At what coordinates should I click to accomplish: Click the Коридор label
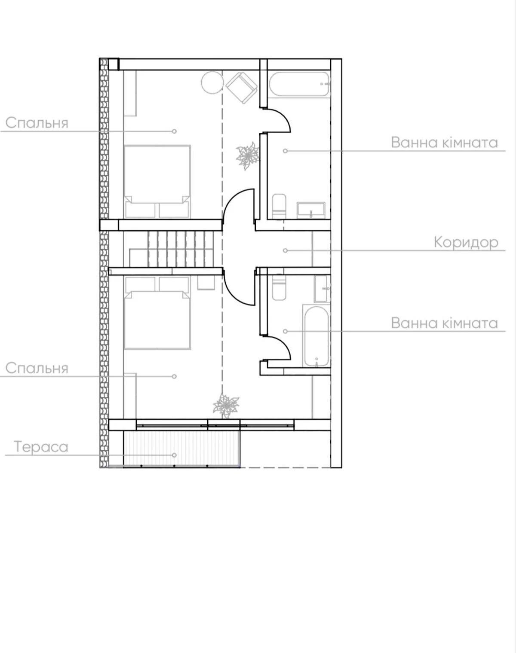click(x=466, y=242)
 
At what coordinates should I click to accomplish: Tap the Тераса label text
click(x=41, y=447)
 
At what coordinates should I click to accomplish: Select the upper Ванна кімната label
click(x=444, y=143)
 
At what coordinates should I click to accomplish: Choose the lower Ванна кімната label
click(x=444, y=323)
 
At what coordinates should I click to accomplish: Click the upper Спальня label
click(x=37, y=123)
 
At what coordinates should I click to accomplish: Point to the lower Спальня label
click(x=37, y=368)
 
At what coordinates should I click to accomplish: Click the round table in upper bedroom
click(x=212, y=82)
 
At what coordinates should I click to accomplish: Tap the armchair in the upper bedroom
click(x=243, y=88)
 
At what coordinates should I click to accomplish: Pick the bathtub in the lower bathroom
click(x=316, y=336)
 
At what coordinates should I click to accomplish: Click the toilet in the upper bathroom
click(x=279, y=206)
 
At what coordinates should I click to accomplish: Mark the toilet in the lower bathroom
click(x=279, y=287)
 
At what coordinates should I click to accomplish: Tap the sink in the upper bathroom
click(x=311, y=210)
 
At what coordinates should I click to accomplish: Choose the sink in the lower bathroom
click(x=322, y=289)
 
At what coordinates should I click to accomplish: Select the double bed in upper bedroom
click(x=157, y=181)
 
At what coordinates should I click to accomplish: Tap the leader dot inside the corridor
click(x=285, y=250)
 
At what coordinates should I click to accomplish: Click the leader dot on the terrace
click(x=174, y=455)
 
